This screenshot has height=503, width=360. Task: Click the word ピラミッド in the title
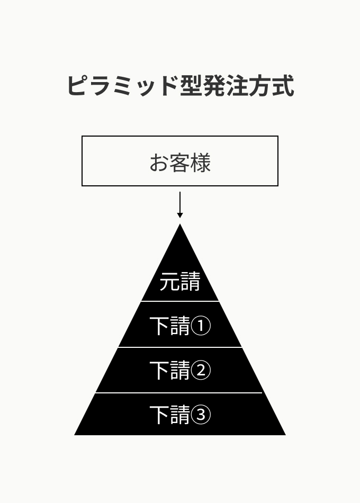click(x=123, y=86)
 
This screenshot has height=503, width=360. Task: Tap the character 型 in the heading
click(x=191, y=86)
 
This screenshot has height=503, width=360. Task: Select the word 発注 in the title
click(x=225, y=86)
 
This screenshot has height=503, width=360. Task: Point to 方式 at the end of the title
click(x=271, y=86)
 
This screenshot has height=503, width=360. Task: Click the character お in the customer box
click(x=159, y=163)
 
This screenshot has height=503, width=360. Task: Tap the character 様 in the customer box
click(x=201, y=163)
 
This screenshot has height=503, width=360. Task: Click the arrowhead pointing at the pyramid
click(x=180, y=215)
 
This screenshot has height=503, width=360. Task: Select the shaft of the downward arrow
click(x=180, y=202)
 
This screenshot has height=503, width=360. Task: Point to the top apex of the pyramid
click(x=180, y=224)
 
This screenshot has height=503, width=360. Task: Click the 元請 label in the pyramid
click(x=180, y=281)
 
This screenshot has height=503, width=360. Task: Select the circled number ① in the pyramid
click(x=201, y=326)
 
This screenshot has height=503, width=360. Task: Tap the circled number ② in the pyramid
click(x=201, y=370)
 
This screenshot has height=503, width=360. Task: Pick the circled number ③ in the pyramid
click(x=201, y=415)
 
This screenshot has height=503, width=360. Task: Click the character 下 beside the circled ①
click(x=159, y=326)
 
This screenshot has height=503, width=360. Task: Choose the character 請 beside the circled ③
click(x=180, y=415)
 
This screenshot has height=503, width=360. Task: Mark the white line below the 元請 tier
click(x=180, y=301)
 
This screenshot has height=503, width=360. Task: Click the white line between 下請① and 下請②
click(x=180, y=347)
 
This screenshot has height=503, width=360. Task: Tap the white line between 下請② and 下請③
click(x=179, y=393)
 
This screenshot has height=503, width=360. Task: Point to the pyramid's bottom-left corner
click(x=75, y=435)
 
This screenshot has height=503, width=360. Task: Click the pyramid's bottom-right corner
click(x=285, y=435)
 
